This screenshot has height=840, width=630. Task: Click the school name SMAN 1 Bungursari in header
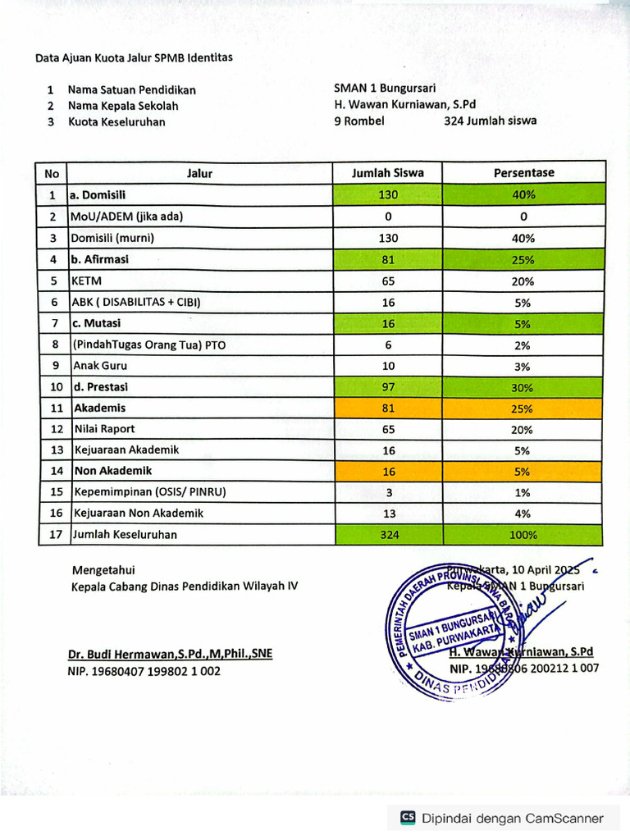click(x=384, y=89)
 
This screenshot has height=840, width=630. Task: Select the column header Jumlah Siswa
click(x=388, y=173)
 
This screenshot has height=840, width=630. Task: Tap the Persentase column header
click(x=523, y=173)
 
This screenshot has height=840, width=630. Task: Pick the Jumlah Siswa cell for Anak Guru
click(x=388, y=366)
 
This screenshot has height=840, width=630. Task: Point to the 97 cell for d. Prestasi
click(x=388, y=387)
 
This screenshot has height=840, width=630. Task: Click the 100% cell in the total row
click(x=523, y=535)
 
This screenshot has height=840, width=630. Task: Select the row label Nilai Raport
click(x=104, y=429)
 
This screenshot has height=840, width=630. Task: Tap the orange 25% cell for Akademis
click(x=523, y=409)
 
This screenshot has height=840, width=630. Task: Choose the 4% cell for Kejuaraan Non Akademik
click(x=523, y=514)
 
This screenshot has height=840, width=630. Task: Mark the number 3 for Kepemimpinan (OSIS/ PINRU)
click(x=388, y=493)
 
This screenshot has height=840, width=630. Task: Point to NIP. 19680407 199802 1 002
click(x=144, y=671)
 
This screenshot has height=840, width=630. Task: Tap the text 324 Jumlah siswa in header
click(x=490, y=121)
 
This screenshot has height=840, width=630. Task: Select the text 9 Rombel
click(x=359, y=121)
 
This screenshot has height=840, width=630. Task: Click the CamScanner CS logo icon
click(x=407, y=818)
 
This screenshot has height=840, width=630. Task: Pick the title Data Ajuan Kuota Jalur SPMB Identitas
click(x=134, y=57)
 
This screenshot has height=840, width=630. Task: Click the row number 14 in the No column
click(x=52, y=472)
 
